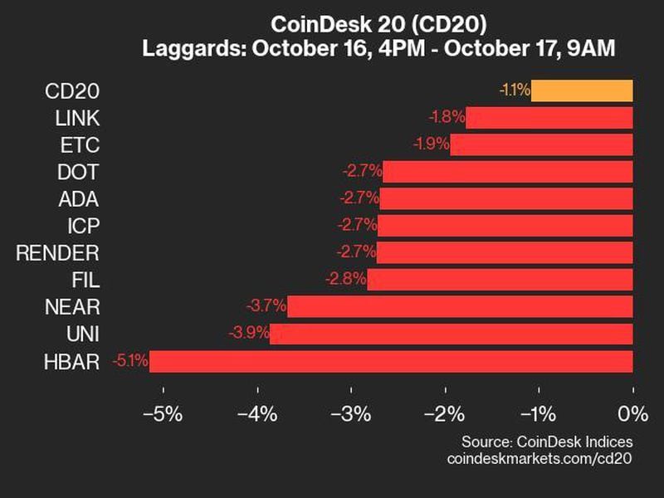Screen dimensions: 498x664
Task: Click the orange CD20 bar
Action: (x=582, y=90)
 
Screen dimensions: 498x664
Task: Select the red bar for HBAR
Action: (x=391, y=361)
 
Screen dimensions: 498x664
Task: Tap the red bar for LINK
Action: (x=549, y=118)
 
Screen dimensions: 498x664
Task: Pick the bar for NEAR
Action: (x=460, y=307)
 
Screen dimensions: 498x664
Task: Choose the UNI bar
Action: (x=452, y=334)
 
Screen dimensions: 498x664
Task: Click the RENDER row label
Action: (x=57, y=253)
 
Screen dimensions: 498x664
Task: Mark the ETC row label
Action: (x=81, y=145)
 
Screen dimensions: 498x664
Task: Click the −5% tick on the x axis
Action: (x=162, y=413)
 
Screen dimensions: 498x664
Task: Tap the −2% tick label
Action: (x=444, y=413)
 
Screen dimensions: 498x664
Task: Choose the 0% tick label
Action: (x=632, y=413)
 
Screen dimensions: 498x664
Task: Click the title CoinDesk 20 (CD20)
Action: (x=333, y=25)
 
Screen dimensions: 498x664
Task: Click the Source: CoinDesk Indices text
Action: (x=547, y=442)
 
